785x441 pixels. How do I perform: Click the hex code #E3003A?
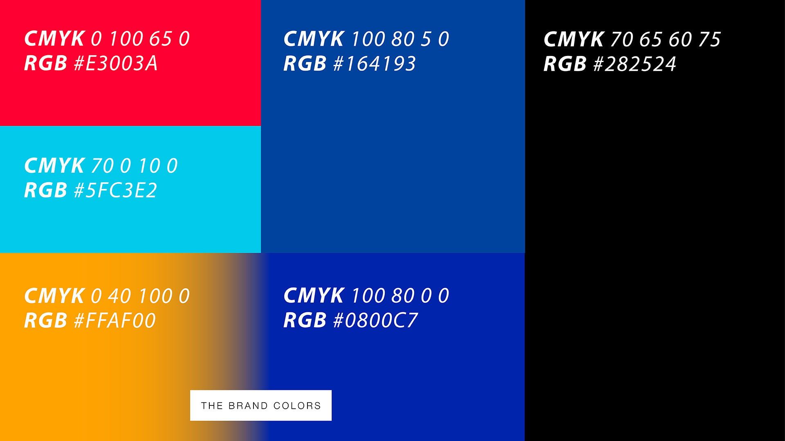pos(116,63)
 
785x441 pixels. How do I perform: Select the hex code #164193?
pos(375,64)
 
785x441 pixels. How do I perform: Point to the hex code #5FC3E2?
pos(115,190)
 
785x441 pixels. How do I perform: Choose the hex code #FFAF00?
pos(115,321)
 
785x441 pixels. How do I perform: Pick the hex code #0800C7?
pos(376,320)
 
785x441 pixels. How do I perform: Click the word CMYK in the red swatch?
pos(54,39)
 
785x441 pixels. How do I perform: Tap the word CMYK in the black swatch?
pos(574,40)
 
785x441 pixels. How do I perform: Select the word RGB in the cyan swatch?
pos(45,190)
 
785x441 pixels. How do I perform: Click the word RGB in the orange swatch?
pos(45,321)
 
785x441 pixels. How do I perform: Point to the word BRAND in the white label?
pos(248,406)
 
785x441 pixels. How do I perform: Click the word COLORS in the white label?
pos(297,406)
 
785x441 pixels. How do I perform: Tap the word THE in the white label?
pos(212,406)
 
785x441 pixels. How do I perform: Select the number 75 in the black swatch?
pos(709,40)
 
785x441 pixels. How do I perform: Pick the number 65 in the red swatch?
pos(160,39)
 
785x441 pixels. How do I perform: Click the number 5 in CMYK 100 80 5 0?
pos(426,39)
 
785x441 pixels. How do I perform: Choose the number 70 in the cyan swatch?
pos(102,166)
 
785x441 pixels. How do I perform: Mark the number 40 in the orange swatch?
pos(119,296)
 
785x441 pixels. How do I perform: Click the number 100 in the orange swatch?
pos(156,296)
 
